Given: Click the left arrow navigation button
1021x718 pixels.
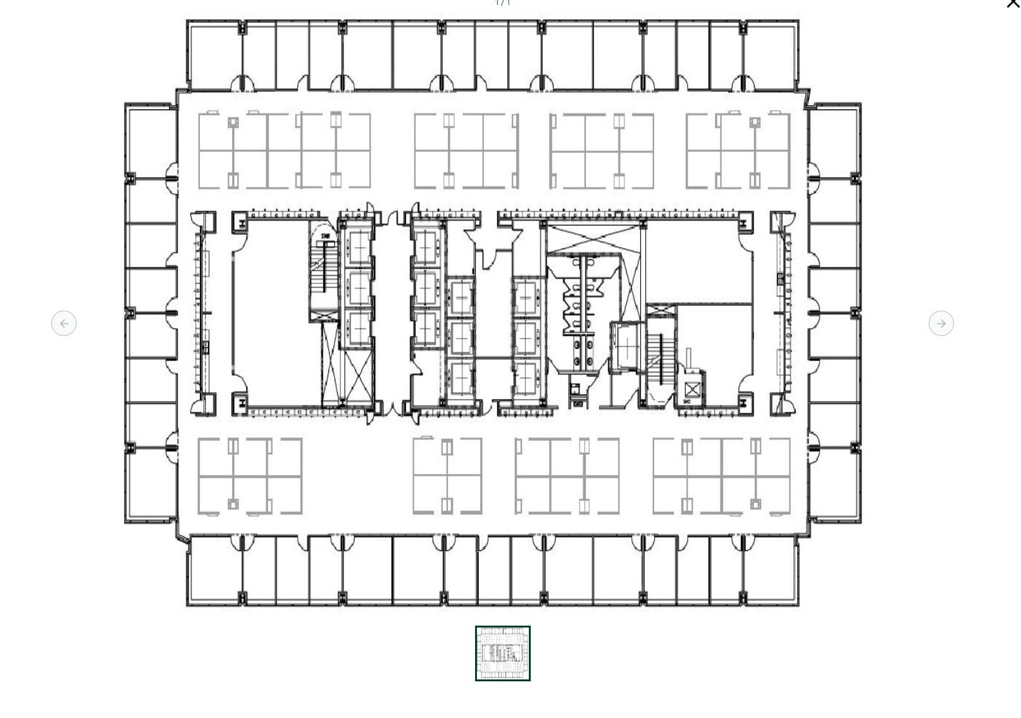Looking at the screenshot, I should pos(64,323).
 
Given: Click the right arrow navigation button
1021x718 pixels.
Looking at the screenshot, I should pos(941,323).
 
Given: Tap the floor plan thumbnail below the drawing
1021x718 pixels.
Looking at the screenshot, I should pos(502,653).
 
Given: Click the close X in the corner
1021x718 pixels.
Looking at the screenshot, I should pos(1012,4).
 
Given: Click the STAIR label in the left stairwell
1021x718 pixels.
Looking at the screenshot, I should pos(326,237).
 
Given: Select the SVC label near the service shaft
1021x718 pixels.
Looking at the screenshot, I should pos(686,402).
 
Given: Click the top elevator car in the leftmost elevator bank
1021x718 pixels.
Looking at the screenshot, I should pos(359,247).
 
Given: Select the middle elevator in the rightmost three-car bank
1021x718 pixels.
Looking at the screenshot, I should pos(526,337).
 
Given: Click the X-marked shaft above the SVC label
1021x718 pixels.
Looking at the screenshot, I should pos(693,388).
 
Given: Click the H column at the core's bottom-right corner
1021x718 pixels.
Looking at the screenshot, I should pos(745,402).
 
